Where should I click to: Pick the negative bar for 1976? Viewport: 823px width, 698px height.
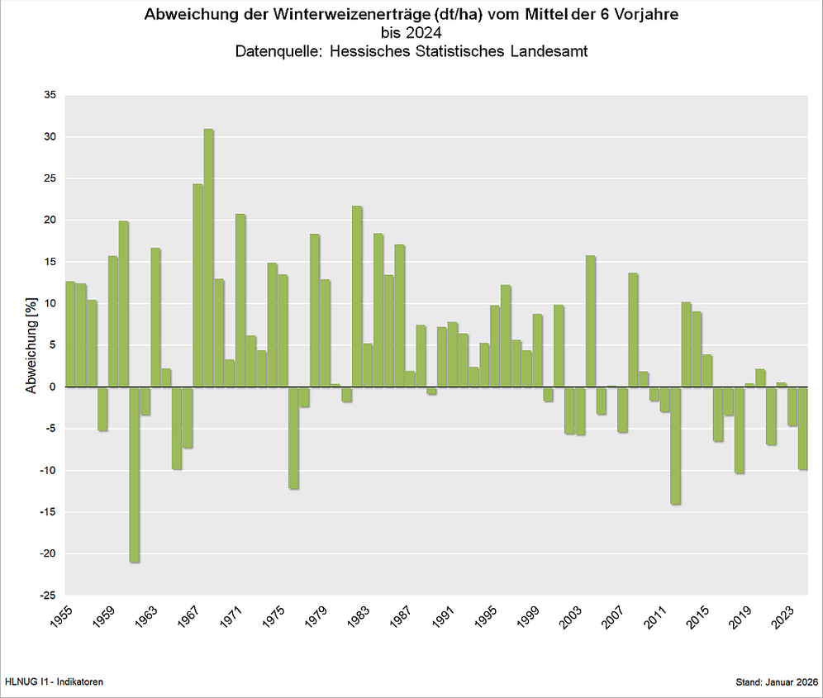293,438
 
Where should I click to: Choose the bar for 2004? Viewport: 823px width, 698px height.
590,321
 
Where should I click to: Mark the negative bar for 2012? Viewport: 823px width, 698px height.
675,445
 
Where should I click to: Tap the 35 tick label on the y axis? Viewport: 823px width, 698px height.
50,95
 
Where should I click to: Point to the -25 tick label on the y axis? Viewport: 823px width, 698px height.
48,596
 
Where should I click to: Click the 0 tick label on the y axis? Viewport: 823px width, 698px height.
53,387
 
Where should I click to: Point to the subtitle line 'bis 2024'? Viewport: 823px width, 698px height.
411,33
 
